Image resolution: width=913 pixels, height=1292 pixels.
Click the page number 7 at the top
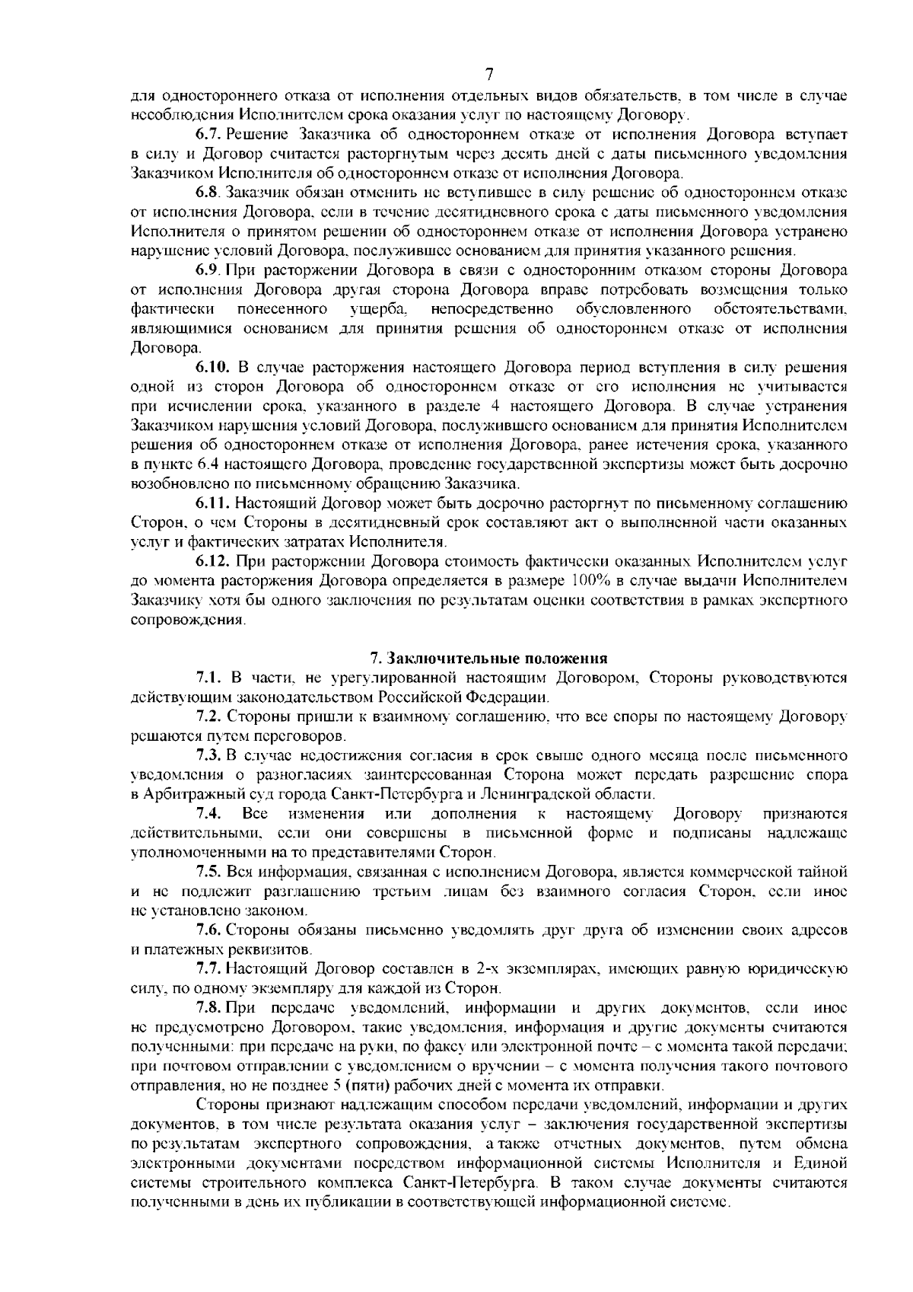coord(489,75)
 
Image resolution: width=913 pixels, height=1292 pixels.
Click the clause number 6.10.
coord(212,368)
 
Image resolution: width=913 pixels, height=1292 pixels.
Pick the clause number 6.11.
coord(212,503)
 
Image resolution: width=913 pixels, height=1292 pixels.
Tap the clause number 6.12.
coord(212,562)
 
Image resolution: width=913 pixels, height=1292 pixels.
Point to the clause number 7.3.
coord(208,755)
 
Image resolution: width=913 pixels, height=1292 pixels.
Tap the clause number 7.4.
coord(208,814)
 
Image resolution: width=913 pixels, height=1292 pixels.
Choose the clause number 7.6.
coord(208,930)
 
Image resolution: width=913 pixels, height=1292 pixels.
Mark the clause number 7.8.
coord(208,1008)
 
